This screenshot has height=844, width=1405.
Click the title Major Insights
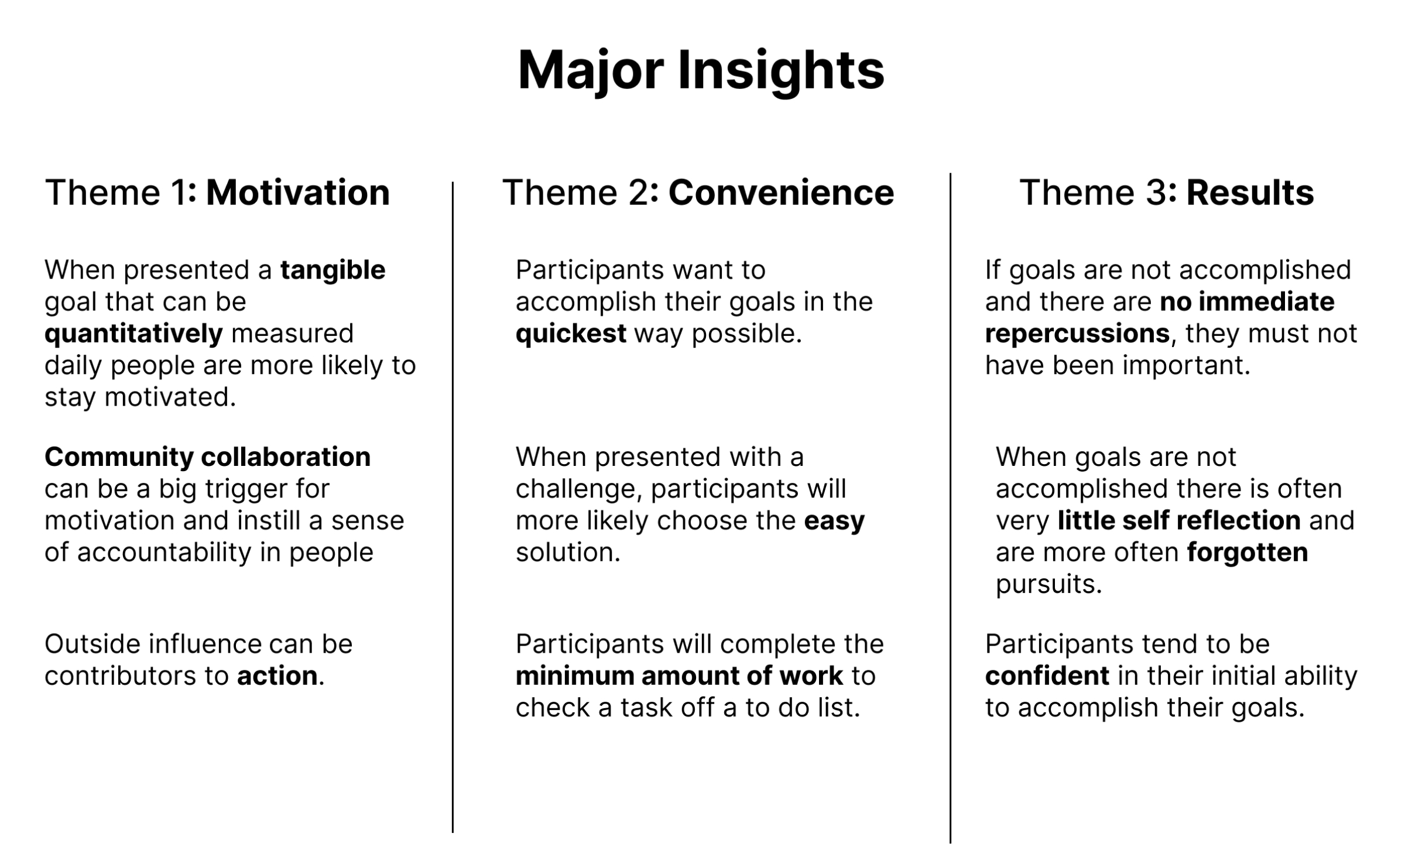(701, 71)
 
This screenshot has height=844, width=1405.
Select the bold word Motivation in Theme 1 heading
(298, 193)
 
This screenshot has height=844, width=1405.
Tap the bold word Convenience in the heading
(781, 193)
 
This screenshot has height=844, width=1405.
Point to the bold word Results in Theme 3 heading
(1250, 193)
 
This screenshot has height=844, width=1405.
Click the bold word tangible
(333, 271)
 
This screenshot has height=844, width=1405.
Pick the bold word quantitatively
(133, 334)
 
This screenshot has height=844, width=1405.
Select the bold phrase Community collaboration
(208, 457)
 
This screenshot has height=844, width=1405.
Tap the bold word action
(277, 676)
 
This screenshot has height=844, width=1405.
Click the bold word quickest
(571, 334)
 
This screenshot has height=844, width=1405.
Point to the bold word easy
(834, 522)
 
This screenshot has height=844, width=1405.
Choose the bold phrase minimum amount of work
(679, 676)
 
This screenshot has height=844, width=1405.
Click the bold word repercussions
(1077, 334)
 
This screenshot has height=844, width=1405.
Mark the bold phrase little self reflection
(1179, 520)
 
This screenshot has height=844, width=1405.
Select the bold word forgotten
(1247, 553)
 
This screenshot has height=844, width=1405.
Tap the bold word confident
(1047, 676)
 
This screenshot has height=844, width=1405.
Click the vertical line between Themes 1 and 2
(453, 507)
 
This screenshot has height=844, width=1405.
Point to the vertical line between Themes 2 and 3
(950, 508)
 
